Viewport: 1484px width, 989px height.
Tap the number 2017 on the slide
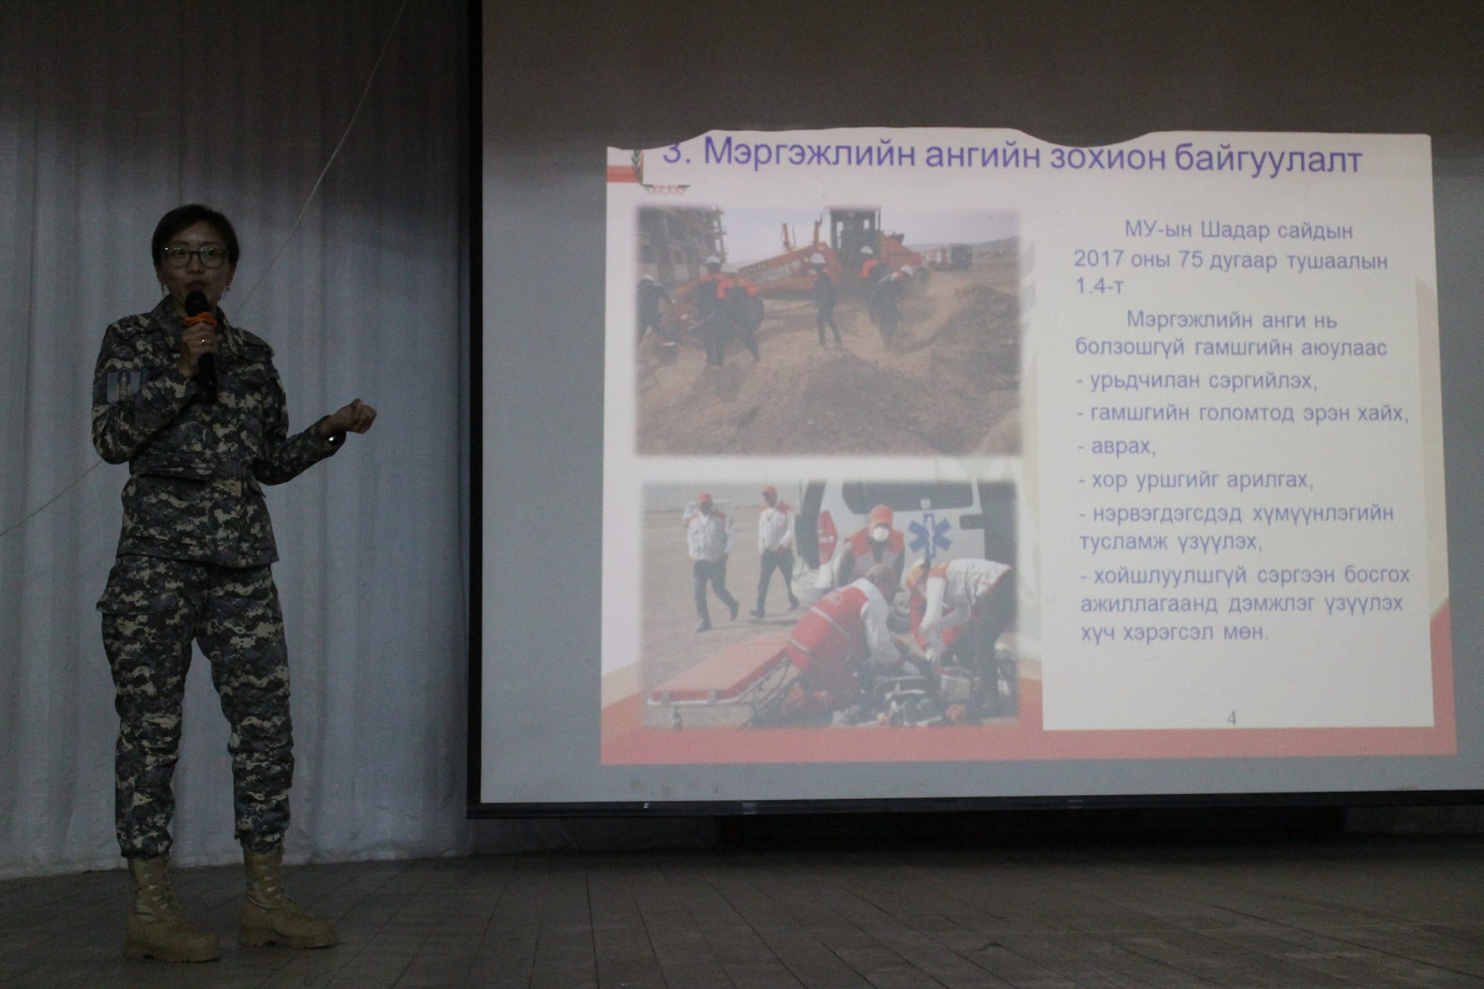coord(1099,261)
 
